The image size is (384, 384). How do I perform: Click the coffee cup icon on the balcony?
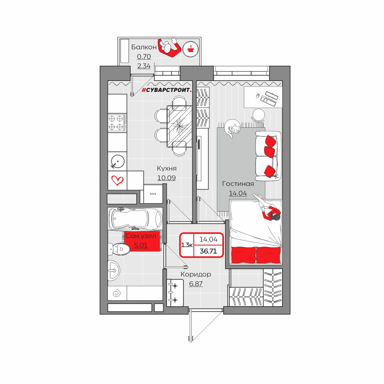[x=190, y=49]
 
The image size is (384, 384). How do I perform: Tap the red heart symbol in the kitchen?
[x=117, y=180]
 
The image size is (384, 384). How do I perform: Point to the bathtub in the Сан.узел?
[x=135, y=218]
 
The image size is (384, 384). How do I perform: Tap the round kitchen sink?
[x=117, y=161]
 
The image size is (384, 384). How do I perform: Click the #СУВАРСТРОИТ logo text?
[x=167, y=90]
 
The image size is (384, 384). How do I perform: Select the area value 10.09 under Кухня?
[x=166, y=178]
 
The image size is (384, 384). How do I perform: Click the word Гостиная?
[x=238, y=184]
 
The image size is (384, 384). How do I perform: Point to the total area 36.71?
[x=208, y=251]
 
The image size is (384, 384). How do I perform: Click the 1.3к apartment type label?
[x=187, y=245]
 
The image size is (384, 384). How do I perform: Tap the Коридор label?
[x=196, y=274]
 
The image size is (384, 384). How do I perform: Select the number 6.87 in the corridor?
[x=196, y=284]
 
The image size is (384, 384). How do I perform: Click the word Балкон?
[x=144, y=47]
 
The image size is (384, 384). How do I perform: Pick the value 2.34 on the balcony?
[x=144, y=66]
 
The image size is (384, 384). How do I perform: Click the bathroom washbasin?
[x=114, y=271]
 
